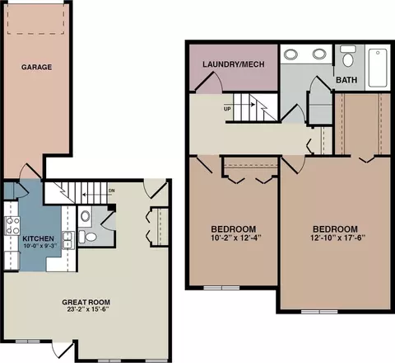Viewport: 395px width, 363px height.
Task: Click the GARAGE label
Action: tap(36, 67)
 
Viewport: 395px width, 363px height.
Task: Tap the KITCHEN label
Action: tap(38, 238)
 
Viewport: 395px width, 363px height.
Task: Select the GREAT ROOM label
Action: tap(86, 302)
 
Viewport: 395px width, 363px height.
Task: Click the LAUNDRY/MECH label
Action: tap(234, 64)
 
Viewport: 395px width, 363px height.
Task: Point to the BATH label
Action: tap(346, 80)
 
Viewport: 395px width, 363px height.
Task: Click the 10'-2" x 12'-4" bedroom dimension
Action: tap(236, 238)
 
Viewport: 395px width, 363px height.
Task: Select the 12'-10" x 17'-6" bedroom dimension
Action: tap(338, 238)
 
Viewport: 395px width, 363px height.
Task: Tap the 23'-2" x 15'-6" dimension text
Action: tap(88, 309)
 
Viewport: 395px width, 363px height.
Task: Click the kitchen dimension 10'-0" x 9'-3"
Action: tap(39, 246)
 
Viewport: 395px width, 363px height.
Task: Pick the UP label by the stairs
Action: tap(227, 109)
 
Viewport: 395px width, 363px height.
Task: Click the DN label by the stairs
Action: tap(111, 191)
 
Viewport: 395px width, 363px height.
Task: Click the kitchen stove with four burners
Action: tap(12, 226)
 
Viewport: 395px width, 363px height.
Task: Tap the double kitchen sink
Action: tap(68, 240)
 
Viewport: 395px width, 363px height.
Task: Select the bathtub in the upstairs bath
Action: tap(378, 68)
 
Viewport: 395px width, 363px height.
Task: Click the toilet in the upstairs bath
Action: tap(347, 56)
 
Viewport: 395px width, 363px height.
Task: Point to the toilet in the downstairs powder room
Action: tap(87, 237)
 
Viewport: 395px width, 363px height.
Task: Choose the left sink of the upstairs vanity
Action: tap(290, 54)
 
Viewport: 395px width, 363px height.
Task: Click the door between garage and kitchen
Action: tap(30, 171)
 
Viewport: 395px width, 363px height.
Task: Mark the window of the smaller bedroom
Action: tap(221, 288)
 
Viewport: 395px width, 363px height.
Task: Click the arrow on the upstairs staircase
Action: tap(251, 105)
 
